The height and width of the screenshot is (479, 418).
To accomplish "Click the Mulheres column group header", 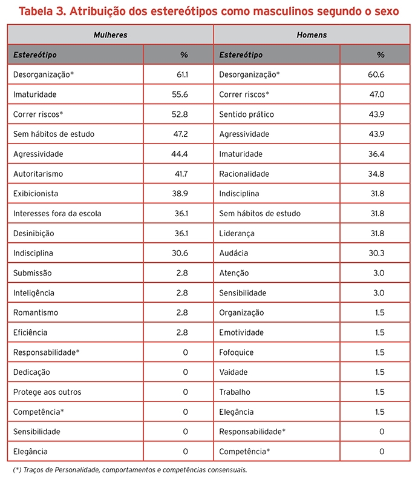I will tap(110, 35).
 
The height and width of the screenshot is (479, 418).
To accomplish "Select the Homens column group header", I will tap(312, 35).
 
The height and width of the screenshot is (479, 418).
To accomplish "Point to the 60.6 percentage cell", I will tap(376, 74).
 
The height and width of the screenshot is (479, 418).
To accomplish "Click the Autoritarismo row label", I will tap(38, 174).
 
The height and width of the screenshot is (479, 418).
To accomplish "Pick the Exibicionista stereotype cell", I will tap(37, 194).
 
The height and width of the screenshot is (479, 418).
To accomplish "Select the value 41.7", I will tap(180, 174).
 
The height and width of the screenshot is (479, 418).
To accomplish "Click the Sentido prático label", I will tap(246, 114).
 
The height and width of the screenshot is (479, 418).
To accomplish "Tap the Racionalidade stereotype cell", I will tap(244, 174).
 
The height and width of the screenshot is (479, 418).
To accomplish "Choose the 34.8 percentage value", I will tap(376, 174).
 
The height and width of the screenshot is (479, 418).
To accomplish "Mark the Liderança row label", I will tap(237, 233).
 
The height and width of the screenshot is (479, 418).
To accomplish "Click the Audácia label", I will tap(233, 253).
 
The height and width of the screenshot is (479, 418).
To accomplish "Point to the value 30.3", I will tap(376, 253).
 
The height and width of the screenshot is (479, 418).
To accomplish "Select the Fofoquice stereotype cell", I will tap(237, 352).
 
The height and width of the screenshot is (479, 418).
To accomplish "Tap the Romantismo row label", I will tap(36, 312).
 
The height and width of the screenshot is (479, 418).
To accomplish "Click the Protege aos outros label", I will tap(47, 392).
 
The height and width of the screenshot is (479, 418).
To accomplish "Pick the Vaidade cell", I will tap(234, 372).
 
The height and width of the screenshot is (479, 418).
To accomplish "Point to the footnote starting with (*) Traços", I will tap(129, 470).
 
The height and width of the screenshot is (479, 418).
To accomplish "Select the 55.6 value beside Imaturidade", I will tap(180, 94).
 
